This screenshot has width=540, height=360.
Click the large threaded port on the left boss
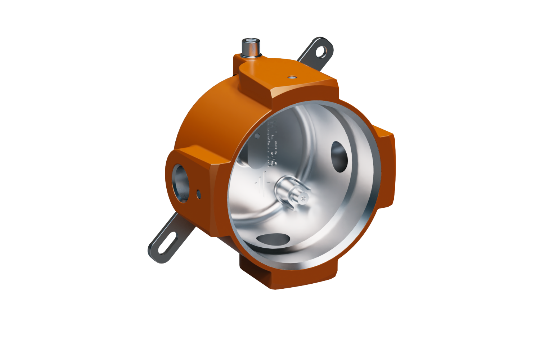[x=181, y=183]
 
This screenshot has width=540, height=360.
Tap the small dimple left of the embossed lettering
[x=258, y=135]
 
